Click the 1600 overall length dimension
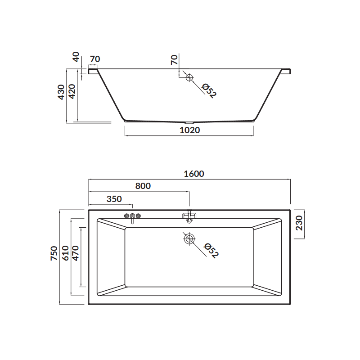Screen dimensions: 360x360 point(194,174)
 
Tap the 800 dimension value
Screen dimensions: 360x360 point(143,186)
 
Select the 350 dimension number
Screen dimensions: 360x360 point(114,199)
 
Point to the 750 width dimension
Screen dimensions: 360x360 point(54,253)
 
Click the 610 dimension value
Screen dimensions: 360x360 point(65,253)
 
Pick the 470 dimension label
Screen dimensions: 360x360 point(75,253)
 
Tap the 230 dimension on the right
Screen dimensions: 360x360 point(299,223)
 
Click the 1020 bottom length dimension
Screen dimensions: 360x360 point(189,130)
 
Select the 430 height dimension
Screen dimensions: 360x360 point(61,92)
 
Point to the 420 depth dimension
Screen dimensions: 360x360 point(72,91)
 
